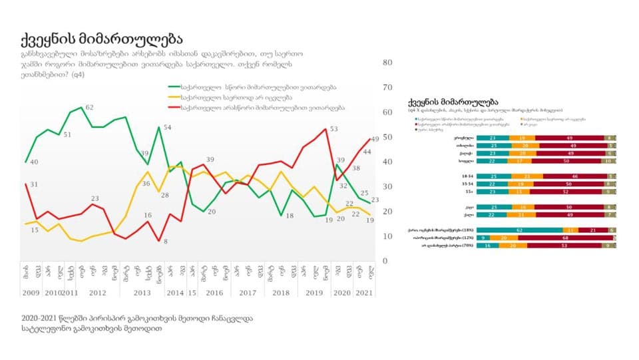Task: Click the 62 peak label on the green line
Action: click(89, 107)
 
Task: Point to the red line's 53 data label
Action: click(334, 129)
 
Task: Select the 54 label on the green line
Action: click(168, 127)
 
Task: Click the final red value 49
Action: click(375, 138)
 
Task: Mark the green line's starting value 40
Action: click(34, 162)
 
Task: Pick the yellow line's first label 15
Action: click(34, 230)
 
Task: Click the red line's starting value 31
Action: click(34, 184)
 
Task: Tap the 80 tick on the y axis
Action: click(389, 63)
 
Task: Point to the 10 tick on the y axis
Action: click(389, 236)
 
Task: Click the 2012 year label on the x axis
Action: click(97, 293)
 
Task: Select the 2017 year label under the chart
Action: click(247, 293)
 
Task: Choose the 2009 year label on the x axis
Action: click(30, 293)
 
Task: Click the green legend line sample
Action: click(174, 87)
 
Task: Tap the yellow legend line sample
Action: click(174, 97)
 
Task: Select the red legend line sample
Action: click(174, 107)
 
